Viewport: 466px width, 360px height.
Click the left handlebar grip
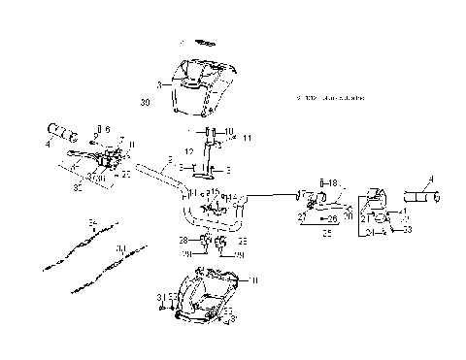coord(62,130)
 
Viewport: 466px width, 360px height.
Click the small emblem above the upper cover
coord(205,43)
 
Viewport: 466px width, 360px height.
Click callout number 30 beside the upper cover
coord(146,100)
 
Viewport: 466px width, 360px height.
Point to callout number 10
coord(229,131)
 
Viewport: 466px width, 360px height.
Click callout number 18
coord(333,182)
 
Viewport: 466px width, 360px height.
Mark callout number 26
coord(332,219)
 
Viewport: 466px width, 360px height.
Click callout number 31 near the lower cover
coord(159,296)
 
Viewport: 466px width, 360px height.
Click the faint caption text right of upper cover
coord(330,98)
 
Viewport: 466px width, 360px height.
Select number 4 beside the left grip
coord(48,145)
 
